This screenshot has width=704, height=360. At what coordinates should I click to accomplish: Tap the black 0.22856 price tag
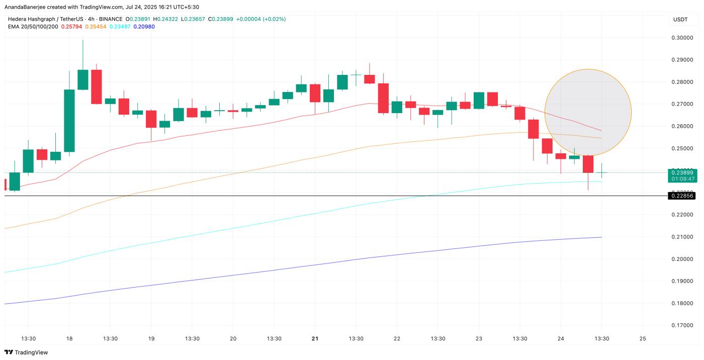pos(681,196)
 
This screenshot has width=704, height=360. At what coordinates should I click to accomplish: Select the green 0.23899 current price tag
pos(681,172)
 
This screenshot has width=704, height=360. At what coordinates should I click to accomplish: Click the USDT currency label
pos(680,20)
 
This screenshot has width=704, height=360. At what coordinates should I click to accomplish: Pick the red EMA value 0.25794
pos(72,26)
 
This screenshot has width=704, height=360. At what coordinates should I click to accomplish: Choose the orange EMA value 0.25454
pos(96,26)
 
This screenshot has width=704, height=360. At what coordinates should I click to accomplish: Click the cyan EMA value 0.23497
pos(120,26)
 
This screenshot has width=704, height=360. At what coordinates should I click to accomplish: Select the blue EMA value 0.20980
pos(144,26)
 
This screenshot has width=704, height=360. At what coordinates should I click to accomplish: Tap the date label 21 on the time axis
pos(315,338)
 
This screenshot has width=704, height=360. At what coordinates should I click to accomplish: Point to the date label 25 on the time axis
pos(642,338)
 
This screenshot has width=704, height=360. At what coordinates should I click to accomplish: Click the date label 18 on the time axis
pos(69,338)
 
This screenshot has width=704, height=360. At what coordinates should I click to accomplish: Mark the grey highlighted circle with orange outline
pos(588,112)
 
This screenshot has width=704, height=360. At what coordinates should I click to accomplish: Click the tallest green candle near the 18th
pos(69,121)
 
